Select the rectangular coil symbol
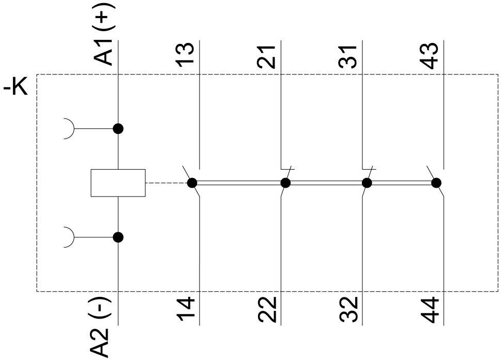[118, 183]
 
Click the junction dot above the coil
[118, 129]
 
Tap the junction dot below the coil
[118, 237]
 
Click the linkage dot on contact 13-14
[192, 183]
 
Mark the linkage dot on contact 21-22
[285, 183]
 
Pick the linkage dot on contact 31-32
[367, 183]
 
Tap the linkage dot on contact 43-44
[436, 183]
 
